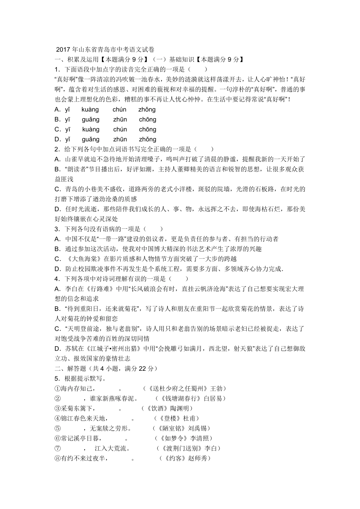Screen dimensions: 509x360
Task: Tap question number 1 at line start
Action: (x=57, y=69)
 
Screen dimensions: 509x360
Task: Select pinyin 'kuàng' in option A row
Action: (x=90, y=109)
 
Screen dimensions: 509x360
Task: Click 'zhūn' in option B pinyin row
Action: (x=120, y=119)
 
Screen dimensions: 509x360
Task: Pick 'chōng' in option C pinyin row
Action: (x=147, y=129)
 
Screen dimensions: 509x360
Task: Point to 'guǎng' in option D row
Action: (x=91, y=139)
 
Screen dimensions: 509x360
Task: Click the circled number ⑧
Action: (x=58, y=458)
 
